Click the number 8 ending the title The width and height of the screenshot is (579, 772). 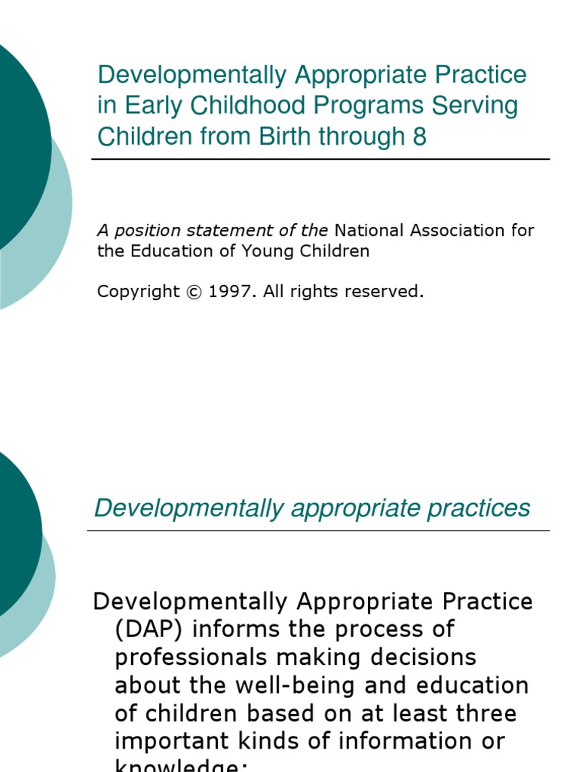pos(420,136)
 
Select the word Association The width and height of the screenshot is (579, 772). pos(451,231)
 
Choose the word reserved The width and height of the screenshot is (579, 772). pos(388,292)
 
